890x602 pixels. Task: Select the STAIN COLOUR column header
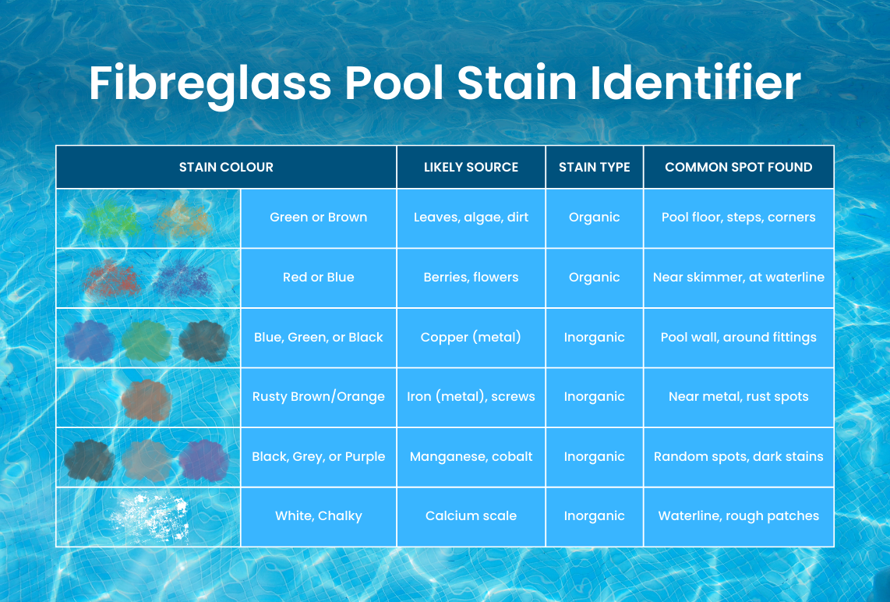226,167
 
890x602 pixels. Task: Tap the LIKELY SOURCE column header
471,167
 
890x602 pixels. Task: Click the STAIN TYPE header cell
594,167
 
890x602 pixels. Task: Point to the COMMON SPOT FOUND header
738,167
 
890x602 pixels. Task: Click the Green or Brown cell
318,218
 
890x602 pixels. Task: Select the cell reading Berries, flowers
471,278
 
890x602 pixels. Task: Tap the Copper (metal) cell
471,338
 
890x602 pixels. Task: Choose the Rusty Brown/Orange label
318,397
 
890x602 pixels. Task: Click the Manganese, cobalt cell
471,457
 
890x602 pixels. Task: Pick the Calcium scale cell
471,516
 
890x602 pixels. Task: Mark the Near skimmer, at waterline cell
738,278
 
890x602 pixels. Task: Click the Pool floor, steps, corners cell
738,218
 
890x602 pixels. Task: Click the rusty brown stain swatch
147,398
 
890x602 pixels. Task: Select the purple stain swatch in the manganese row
203,459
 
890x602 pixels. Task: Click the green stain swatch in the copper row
147,340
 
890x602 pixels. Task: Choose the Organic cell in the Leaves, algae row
594,218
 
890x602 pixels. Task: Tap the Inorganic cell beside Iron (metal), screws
594,397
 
